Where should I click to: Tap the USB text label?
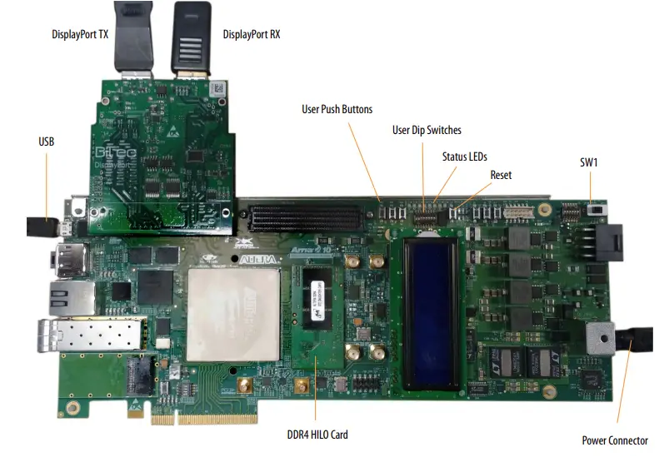[x=47, y=142]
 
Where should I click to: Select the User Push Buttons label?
[x=337, y=109]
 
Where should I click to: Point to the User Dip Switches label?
[x=427, y=130]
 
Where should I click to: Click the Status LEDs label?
[x=464, y=156]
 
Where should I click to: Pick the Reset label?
[x=501, y=175]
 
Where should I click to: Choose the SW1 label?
[x=590, y=162]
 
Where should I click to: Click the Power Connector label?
[x=614, y=440]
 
